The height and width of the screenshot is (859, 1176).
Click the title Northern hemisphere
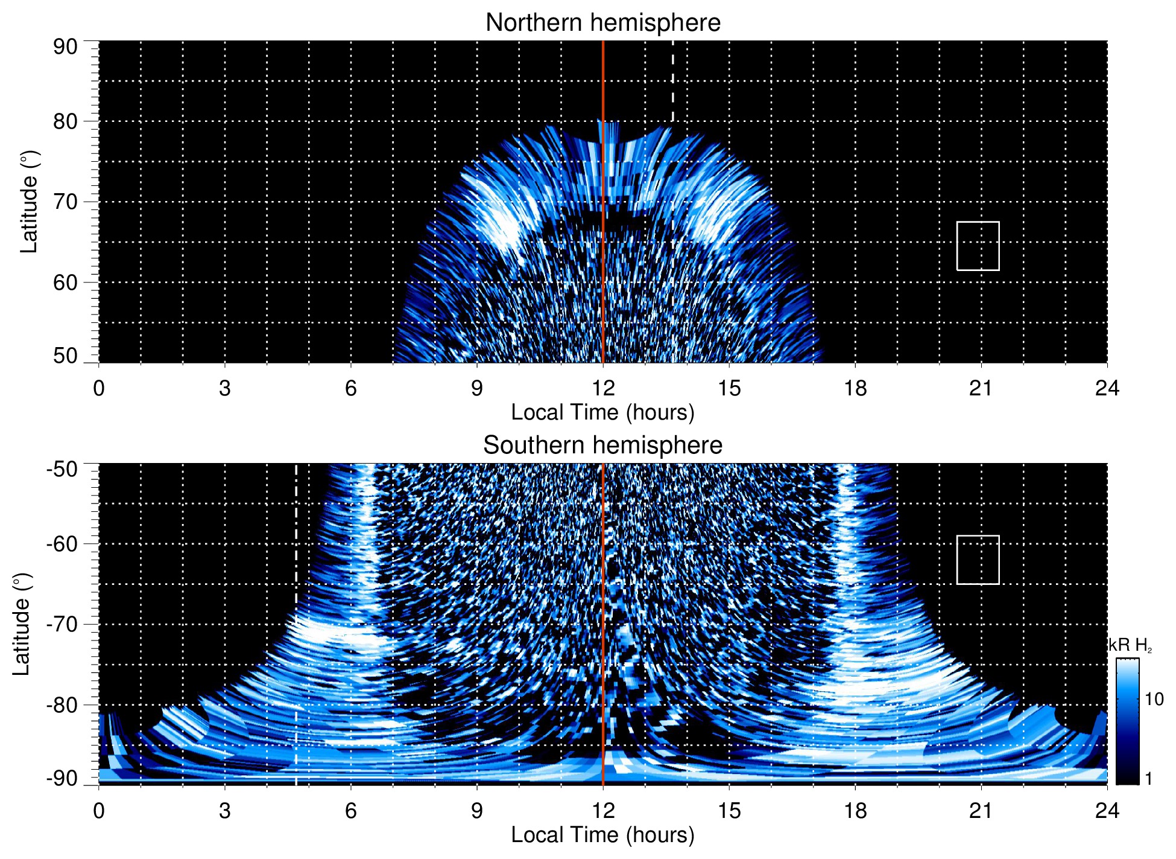point(602,23)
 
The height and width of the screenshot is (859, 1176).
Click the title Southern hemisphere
point(602,445)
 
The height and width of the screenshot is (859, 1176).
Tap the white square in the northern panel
point(978,246)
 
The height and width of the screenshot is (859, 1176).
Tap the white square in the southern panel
point(978,560)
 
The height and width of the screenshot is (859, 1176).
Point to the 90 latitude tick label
point(65,47)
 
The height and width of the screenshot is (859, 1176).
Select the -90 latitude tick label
point(62,779)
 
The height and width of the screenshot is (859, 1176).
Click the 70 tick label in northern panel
point(65,202)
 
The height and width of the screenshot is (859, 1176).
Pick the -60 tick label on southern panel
point(62,543)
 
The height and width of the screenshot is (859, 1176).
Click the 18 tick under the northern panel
point(855,388)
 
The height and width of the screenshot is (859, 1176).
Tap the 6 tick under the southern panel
point(350,811)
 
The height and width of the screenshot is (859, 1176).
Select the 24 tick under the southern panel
point(1107,811)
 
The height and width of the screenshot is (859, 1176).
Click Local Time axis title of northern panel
point(602,412)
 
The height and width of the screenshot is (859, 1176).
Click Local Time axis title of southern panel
point(602,835)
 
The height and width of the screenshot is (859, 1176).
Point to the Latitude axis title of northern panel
point(29,202)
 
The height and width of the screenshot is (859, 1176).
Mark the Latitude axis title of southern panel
point(22,624)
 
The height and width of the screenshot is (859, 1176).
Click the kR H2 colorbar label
point(1130,645)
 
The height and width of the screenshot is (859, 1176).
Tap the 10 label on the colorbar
point(1154,699)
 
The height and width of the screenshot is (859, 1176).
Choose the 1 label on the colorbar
point(1148,779)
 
